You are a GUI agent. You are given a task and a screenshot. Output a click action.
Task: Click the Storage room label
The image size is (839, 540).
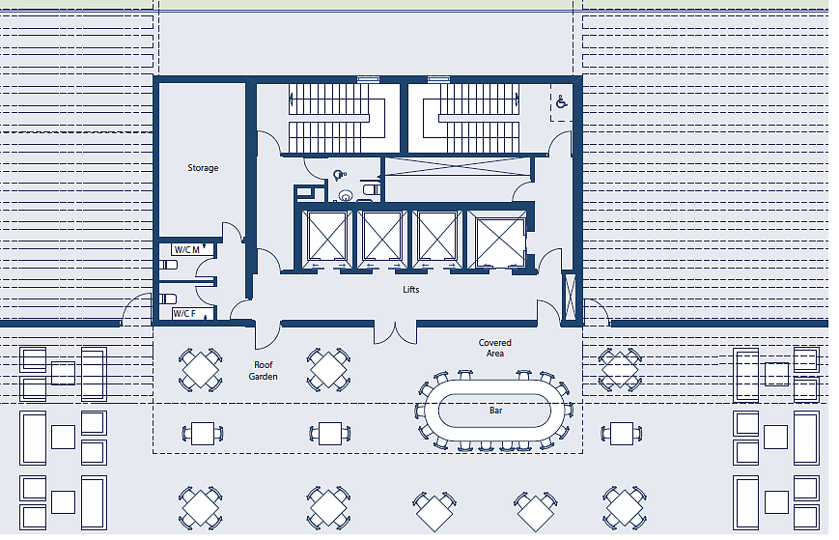203,167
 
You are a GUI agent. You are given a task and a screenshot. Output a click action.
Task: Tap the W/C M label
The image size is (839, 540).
186,250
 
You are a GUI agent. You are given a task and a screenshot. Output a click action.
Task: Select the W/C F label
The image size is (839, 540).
185,314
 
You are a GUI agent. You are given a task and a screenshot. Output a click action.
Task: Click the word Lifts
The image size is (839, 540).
411,290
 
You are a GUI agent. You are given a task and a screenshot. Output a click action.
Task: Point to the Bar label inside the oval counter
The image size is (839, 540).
495,411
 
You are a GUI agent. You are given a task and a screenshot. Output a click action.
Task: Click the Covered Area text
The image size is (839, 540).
495,348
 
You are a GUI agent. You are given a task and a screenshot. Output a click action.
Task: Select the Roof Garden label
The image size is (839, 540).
264,370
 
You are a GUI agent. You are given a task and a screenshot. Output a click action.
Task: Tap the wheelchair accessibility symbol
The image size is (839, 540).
561,101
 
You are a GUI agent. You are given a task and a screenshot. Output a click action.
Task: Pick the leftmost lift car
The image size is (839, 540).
327,236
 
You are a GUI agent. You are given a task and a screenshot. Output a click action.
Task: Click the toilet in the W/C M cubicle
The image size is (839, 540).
169,265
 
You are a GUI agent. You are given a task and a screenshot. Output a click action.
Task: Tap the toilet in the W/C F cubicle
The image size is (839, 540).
169,298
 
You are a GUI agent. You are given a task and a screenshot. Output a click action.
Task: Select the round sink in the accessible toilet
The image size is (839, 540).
346,196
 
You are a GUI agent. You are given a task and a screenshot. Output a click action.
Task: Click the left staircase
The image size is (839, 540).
337,118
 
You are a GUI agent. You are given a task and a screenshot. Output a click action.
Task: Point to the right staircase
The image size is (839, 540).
471,118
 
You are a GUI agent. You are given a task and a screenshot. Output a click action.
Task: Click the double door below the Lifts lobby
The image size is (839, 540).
395,332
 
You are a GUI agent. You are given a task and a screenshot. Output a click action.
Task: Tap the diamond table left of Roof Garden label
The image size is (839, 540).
200,370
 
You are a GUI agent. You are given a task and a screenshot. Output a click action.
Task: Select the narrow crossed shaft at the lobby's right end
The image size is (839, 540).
570,296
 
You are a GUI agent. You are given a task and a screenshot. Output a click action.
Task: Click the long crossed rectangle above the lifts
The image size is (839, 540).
458,166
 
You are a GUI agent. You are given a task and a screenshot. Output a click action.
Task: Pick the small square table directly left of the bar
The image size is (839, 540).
328,434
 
